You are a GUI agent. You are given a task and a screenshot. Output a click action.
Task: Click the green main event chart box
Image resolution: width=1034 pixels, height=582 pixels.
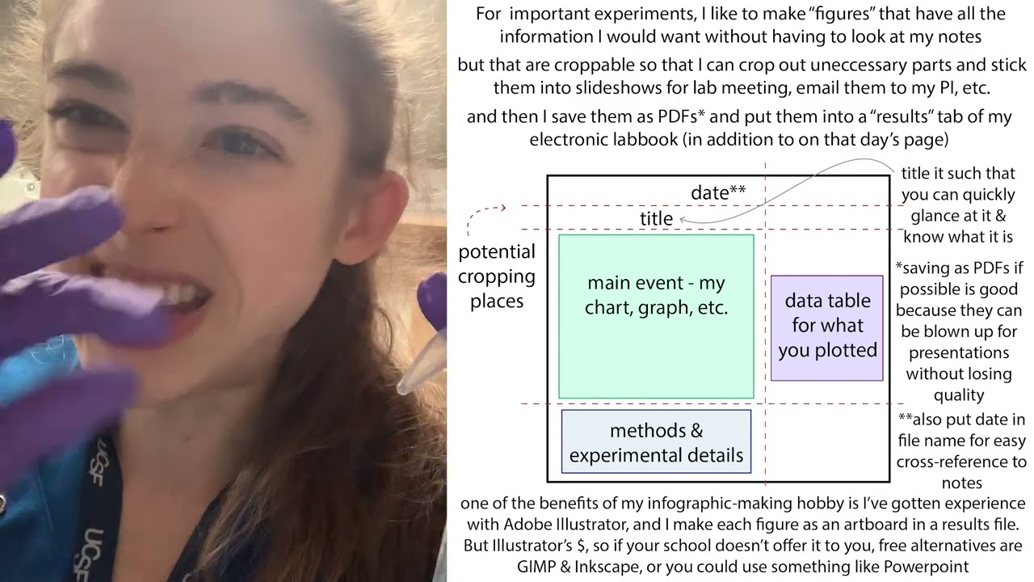pyautogui.click(x=656, y=316)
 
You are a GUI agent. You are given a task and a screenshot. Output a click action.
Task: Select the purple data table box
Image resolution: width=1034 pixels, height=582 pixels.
pyautogui.click(x=826, y=328)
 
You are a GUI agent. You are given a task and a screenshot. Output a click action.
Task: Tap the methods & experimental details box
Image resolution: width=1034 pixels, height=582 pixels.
pyautogui.click(x=656, y=441)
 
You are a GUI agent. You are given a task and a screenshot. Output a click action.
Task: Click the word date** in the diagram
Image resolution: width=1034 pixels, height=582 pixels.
pyautogui.click(x=718, y=192)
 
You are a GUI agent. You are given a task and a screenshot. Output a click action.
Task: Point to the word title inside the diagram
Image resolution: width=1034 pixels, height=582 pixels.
pyautogui.click(x=656, y=218)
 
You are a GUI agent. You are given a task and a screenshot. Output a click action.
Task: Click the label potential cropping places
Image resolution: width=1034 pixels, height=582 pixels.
pyautogui.click(x=497, y=276)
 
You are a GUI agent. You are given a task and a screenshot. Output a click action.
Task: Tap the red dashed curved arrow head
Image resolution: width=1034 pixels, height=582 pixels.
pyautogui.click(x=502, y=208)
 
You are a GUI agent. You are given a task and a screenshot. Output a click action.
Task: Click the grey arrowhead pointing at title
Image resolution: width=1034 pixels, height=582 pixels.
pyautogui.click(x=683, y=220)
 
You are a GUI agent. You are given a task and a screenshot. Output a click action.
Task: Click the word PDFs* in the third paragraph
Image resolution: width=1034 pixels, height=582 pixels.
pyautogui.click(x=681, y=116)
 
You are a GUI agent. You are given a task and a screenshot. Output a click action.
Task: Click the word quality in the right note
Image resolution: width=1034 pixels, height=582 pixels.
pyautogui.click(x=958, y=395)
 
